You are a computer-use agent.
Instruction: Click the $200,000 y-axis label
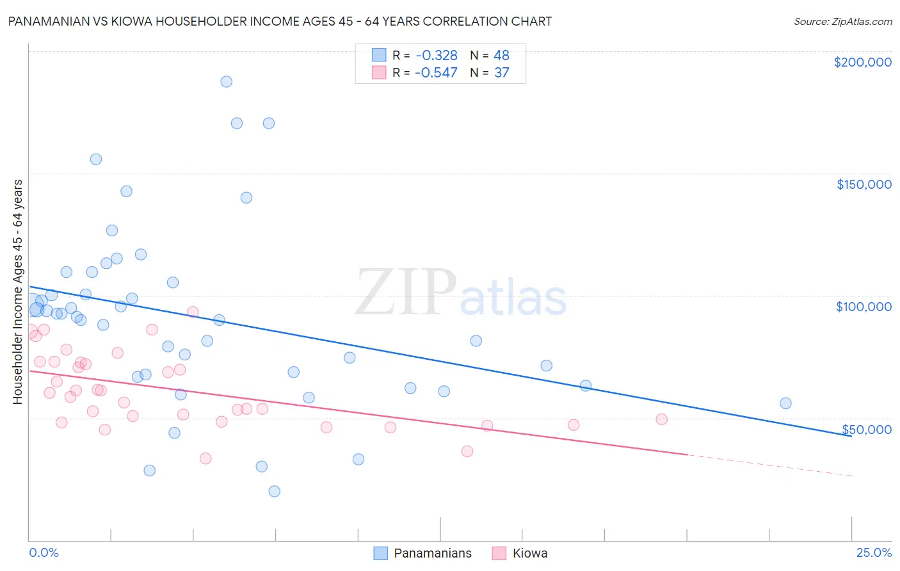pos(862,62)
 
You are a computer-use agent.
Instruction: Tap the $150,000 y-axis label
pos(864,184)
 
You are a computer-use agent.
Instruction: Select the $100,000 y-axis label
pos(864,307)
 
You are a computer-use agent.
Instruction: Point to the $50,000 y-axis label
pos(866,430)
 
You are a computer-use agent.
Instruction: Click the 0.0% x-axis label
pos(44,552)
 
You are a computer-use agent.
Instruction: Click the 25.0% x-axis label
pos(874,552)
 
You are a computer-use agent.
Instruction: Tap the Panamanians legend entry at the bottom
pos(432,553)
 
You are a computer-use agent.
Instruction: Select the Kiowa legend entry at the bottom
pos(529,553)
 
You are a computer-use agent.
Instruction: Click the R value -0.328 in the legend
pos(436,56)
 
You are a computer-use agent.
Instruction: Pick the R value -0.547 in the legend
pos(436,73)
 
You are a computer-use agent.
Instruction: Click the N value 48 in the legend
pos(501,56)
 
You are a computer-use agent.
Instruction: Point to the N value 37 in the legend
pos(501,73)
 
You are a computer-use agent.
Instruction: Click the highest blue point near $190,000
pos(226,81)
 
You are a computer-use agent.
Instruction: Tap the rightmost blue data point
pos(785,403)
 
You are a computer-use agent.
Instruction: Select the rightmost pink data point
pos(661,419)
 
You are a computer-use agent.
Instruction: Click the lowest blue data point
pos(274,491)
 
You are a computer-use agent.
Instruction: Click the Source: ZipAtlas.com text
pos(842,22)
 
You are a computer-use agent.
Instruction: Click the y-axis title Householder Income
pos(17,291)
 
